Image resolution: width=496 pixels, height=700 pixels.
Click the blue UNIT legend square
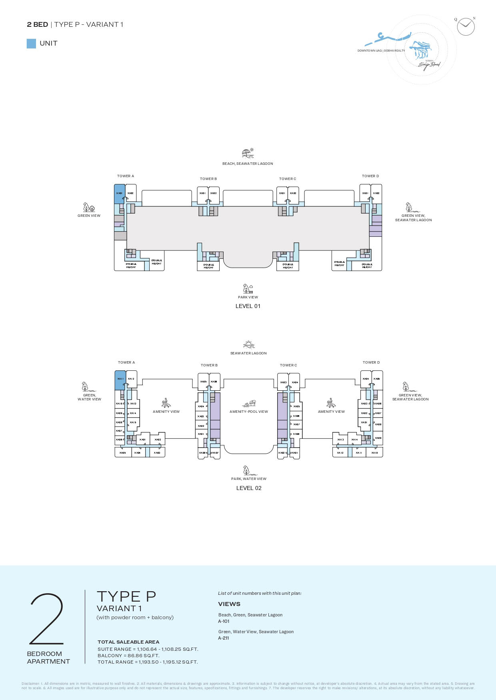click(31, 44)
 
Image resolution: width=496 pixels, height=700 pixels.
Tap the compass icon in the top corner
click(466, 27)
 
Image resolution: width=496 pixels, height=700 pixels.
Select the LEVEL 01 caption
click(248, 306)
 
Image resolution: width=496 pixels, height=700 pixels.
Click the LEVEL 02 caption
click(249, 488)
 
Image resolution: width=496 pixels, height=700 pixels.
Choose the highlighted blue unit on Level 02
click(120, 380)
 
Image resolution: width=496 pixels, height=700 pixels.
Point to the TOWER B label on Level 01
click(208, 179)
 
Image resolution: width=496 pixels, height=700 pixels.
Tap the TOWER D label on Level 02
click(371, 362)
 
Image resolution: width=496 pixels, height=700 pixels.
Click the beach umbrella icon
click(248, 153)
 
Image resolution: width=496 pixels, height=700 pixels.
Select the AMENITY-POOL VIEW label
click(249, 412)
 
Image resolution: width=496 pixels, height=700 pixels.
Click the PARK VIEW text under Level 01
click(248, 297)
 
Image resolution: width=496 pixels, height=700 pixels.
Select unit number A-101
click(224, 621)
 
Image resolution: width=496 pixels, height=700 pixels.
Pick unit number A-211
click(224, 638)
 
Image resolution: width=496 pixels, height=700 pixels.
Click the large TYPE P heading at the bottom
click(126, 596)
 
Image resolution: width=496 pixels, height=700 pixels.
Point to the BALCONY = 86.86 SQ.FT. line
click(128, 656)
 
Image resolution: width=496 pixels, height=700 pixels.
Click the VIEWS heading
click(229, 604)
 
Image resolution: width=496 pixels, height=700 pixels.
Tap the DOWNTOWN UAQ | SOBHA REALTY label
click(381, 51)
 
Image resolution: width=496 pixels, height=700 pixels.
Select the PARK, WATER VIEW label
click(248, 479)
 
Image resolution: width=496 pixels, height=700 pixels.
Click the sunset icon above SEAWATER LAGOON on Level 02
click(248, 344)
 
